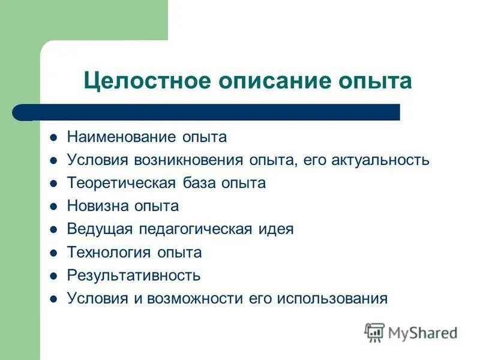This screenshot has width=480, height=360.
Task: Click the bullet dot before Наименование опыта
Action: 53,137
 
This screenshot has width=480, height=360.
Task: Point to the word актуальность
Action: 380,160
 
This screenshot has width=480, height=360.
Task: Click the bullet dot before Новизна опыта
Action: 53,206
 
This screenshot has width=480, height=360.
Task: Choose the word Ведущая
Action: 100,229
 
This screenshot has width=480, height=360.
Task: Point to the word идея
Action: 278,229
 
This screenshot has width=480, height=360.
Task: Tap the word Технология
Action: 108,253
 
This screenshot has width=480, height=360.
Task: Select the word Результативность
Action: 133,275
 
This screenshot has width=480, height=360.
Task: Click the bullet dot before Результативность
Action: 53,276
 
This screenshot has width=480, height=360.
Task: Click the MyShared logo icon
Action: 374,332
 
